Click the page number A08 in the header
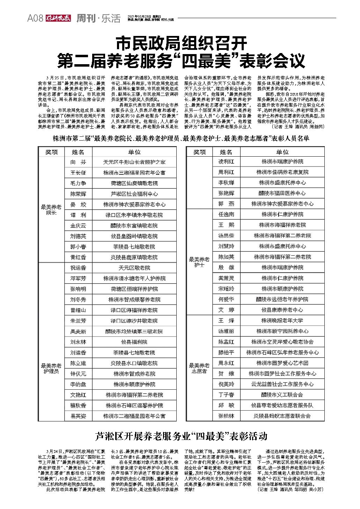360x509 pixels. (x=35, y=18)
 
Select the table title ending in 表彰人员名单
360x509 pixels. (x=181, y=139)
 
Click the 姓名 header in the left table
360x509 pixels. (x=78, y=152)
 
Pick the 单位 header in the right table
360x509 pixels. (x=282, y=152)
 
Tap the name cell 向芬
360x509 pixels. (x=78, y=162)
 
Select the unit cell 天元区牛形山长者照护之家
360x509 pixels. (x=134, y=162)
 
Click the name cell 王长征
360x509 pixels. (x=78, y=173)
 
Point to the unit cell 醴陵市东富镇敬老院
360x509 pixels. (x=134, y=226)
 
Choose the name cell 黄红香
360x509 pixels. (x=78, y=257)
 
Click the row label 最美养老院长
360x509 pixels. (x=51, y=210)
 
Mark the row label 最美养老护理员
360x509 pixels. (x=51, y=368)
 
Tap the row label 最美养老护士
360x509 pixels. (x=199, y=262)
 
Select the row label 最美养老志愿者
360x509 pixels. (x=199, y=368)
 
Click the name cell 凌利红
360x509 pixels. (x=226, y=162)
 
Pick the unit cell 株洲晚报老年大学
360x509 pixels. (x=282, y=321)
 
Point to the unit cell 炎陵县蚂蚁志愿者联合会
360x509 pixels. (x=282, y=416)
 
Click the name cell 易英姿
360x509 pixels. (x=78, y=416)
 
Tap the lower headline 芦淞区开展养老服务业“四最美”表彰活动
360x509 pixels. (x=181, y=436)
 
